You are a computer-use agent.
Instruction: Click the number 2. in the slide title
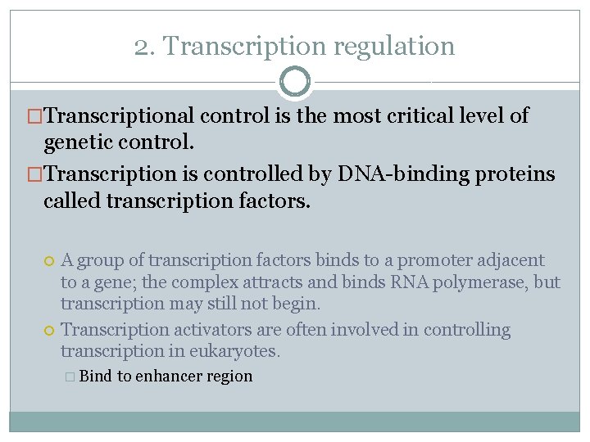(x=144, y=47)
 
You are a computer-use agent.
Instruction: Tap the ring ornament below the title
(x=295, y=82)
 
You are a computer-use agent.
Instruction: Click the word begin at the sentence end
(x=300, y=303)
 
